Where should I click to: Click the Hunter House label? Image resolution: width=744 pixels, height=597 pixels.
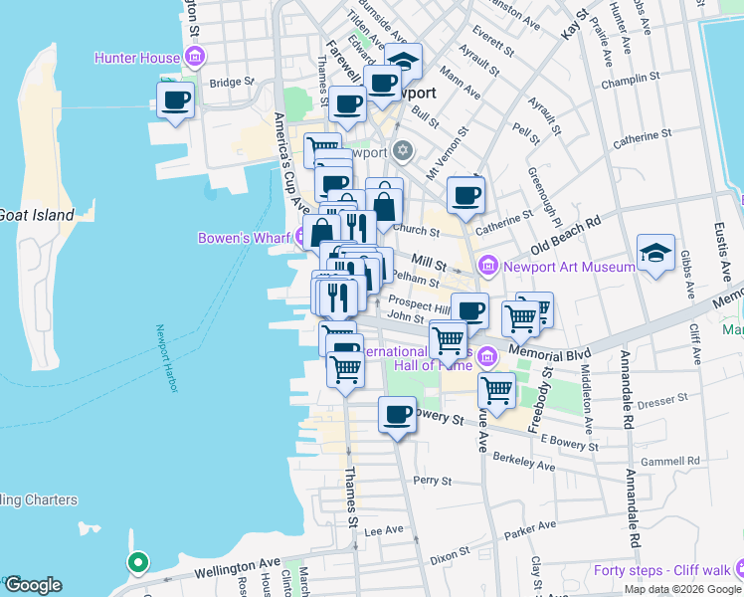[x=137, y=58]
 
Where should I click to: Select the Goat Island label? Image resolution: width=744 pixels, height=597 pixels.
[x=36, y=215]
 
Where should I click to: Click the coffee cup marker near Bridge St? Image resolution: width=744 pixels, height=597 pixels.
[x=176, y=100]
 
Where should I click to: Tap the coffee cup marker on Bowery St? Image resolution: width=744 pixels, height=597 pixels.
[x=398, y=414]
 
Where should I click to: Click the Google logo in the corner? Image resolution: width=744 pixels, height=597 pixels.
[x=32, y=585]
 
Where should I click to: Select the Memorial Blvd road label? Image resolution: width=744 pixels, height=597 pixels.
[x=549, y=352]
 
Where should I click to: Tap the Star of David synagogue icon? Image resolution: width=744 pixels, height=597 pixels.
[x=402, y=152]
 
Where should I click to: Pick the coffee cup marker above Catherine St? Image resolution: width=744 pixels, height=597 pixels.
[x=465, y=195]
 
